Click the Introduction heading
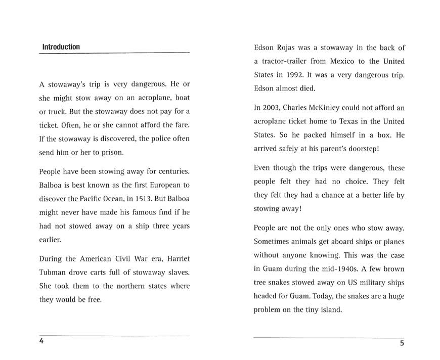61,47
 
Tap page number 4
41,341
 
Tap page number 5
402,344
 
